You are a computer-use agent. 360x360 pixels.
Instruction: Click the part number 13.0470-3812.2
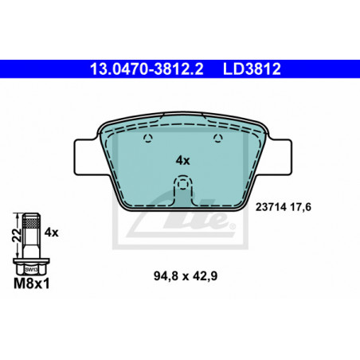[x=147, y=69]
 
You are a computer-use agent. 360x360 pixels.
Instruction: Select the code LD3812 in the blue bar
[x=252, y=69]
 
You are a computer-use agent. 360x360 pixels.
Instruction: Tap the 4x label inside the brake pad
[x=182, y=161]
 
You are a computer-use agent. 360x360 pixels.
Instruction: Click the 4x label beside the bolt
[x=51, y=233]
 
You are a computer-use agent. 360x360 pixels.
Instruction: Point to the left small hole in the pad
[x=148, y=138]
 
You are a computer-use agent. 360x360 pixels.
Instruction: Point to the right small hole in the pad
[x=218, y=138]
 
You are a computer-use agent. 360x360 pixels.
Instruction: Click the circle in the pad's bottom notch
[x=182, y=184]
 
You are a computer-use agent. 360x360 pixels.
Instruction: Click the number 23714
[x=271, y=207]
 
